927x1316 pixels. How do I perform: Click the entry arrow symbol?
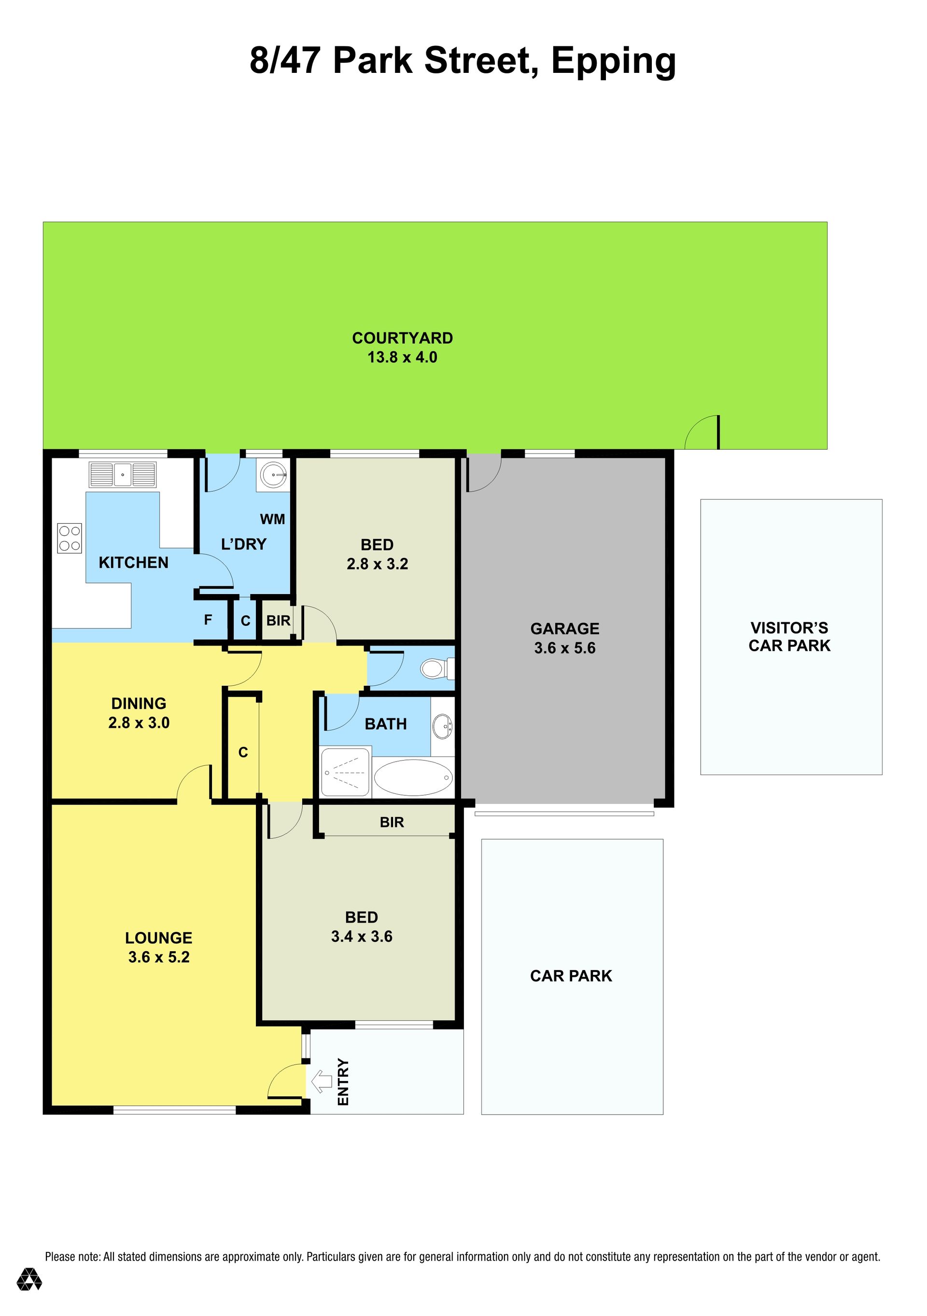[x=322, y=1081]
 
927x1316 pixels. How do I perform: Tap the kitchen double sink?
[x=123, y=474]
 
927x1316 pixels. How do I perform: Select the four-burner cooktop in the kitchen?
[x=70, y=538]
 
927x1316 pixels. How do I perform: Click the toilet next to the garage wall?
[x=437, y=668]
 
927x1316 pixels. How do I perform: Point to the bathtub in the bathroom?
[x=413, y=777]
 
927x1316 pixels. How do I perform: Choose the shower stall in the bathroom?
[x=346, y=772]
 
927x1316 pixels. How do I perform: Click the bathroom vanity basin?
[x=442, y=726]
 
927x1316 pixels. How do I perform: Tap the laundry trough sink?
[x=273, y=475]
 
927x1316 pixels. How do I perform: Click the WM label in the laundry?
[x=272, y=519]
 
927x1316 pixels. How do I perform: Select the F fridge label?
[x=208, y=620]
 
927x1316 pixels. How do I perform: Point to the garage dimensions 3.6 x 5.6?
[x=565, y=648]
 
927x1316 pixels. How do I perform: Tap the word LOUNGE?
[x=159, y=938]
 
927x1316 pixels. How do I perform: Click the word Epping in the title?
[x=614, y=62]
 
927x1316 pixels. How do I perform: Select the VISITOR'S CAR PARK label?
[x=789, y=637]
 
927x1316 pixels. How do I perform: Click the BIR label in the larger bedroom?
[x=392, y=822]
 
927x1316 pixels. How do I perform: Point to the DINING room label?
[x=139, y=703]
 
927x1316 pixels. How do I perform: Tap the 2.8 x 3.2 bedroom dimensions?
[x=377, y=564]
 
